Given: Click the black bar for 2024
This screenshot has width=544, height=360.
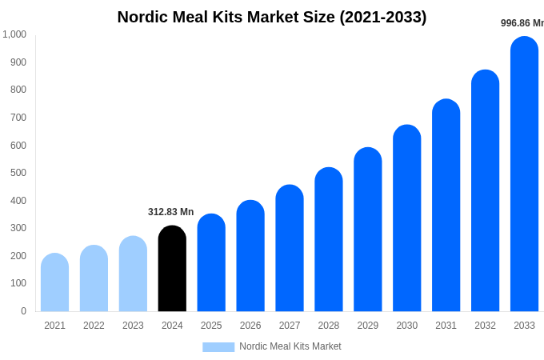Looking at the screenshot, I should point(172,269).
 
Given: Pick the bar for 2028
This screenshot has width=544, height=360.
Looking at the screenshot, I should point(329,240).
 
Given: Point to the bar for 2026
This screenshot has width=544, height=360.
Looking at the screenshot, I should point(250,256).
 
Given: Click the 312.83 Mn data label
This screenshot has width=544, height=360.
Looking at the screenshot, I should point(170,212).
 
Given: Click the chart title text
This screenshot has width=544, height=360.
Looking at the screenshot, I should point(272,17).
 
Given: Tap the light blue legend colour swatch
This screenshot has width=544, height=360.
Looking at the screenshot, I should point(218,347).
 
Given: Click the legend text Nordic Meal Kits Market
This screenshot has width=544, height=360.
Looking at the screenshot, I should point(290,346).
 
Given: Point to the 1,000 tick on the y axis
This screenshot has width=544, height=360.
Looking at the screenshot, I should point(14,34).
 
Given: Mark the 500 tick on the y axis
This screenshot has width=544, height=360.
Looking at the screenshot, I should point(18,173).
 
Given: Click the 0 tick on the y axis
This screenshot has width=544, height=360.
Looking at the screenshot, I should point(23,311).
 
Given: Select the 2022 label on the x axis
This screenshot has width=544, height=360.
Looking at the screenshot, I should point(94,326).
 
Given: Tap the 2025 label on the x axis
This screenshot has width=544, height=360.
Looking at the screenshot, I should point(211,326).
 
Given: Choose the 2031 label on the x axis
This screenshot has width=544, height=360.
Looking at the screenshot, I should point(446,326).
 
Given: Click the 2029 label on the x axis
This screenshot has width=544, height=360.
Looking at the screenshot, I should point(368,326).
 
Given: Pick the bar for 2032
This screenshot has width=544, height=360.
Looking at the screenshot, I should point(485,191).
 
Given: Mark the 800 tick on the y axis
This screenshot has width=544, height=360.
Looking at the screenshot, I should point(18,90).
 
